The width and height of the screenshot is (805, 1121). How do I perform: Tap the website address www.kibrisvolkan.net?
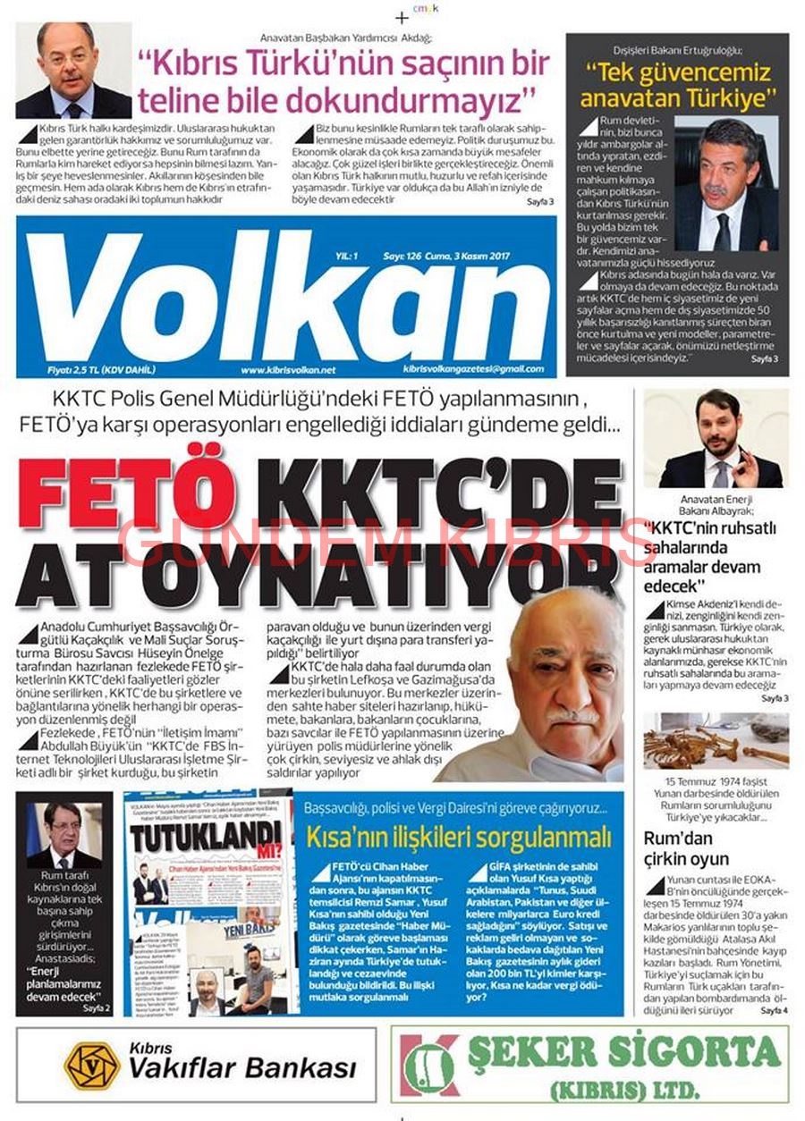287,369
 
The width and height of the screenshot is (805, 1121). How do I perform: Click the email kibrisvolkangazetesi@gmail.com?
473,368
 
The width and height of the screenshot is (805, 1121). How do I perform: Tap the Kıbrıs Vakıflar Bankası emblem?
90,1065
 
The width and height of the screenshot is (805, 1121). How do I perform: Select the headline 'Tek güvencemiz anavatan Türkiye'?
677,82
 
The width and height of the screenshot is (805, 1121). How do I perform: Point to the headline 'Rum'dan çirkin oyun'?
687,848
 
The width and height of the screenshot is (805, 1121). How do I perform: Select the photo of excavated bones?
716,741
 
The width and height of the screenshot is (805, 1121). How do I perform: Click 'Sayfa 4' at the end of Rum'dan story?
774,1010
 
